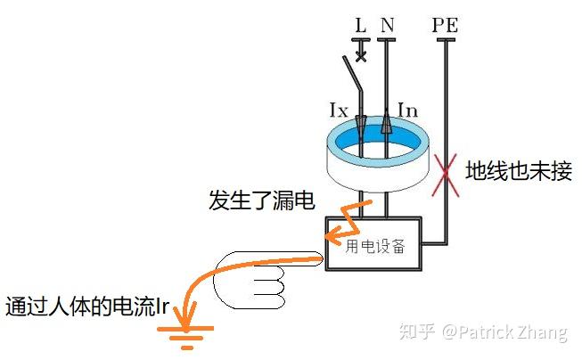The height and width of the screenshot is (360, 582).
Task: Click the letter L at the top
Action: (x=361, y=25)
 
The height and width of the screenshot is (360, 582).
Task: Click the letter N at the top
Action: (x=387, y=25)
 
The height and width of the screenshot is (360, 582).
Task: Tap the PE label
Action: (x=445, y=25)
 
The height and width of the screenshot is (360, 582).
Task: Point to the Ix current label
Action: (x=339, y=110)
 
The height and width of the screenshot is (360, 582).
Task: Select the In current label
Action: (x=407, y=110)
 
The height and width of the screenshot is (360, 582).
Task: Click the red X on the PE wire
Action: (x=446, y=175)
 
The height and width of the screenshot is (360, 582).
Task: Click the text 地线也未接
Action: (x=519, y=171)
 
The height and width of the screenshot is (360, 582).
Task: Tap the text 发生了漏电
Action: (x=262, y=200)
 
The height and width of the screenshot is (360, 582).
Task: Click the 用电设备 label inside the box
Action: (x=375, y=246)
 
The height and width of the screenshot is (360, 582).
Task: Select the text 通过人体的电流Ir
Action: (x=87, y=307)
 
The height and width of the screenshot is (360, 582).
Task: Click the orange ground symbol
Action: (x=185, y=338)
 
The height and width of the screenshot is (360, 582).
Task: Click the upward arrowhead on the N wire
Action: (x=387, y=121)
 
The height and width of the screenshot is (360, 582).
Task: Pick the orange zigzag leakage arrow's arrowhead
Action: (x=333, y=236)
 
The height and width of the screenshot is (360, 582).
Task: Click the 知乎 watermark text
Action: (x=417, y=331)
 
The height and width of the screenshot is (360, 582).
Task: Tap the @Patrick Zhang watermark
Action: (x=504, y=332)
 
